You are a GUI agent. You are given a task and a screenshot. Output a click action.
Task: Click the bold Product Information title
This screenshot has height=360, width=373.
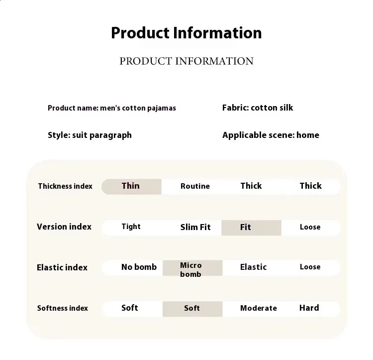pyautogui.click(x=186, y=33)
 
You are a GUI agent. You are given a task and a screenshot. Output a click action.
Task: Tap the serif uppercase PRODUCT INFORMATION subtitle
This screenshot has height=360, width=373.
pyautogui.click(x=186, y=61)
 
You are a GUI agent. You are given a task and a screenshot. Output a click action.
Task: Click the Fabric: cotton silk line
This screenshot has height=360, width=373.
pyautogui.click(x=258, y=108)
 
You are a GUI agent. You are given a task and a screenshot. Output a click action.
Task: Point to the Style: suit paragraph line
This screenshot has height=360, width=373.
pyautogui.click(x=90, y=135)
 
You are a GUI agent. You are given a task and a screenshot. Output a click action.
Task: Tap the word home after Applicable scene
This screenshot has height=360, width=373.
pyautogui.click(x=308, y=135)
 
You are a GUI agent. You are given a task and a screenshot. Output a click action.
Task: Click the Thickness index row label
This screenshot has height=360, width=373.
pyautogui.click(x=65, y=186)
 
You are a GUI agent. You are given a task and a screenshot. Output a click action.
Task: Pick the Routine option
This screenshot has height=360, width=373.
pyautogui.click(x=195, y=186)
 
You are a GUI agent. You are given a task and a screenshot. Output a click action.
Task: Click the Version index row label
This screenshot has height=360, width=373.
pyautogui.click(x=64, y=227)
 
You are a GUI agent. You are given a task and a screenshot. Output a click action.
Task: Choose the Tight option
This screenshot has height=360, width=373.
pyautogui.click(x=131, y=227)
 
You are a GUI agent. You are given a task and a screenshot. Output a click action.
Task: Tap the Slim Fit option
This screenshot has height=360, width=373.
pyautogui.click(x=195, y=227)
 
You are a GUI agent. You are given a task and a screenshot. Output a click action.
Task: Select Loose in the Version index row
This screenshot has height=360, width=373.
pyautogui.click(x=310, y=227)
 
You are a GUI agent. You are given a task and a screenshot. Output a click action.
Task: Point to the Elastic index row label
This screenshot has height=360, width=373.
pyautogui.click(x=62, y=267)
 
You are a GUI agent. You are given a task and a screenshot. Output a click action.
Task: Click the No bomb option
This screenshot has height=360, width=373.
pyautogui.click(x=139, y=267)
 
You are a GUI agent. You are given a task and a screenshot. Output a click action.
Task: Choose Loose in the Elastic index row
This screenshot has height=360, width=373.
pyautogui.click(x=310, y=267)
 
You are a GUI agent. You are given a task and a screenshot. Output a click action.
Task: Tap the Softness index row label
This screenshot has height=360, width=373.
pyautogui.click(x=63, y=308)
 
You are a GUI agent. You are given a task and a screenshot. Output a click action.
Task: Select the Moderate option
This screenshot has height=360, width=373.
pyautogui.click(x=259, y=308)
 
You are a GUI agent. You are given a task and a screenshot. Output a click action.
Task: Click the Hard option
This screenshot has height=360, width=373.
pyautogui.click(x=309, y=308)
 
